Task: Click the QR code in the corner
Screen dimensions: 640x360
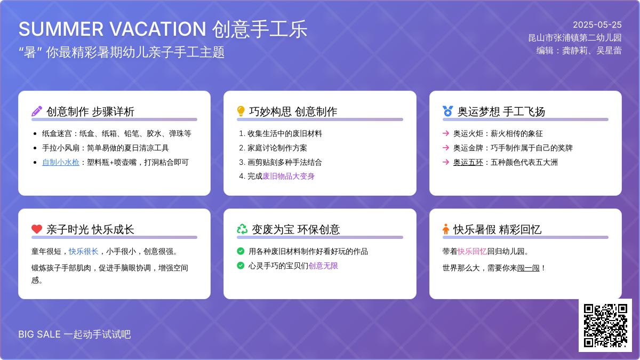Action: coord(605,325)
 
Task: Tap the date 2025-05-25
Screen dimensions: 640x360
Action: coord(597,25)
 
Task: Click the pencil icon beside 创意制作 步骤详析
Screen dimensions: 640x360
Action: coord(37,111)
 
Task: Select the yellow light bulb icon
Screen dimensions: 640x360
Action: coord(241,111)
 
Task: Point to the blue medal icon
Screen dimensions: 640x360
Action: coord(447,111)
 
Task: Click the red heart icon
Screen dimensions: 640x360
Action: coord(37,229)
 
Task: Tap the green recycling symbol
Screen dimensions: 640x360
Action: coord(242,229)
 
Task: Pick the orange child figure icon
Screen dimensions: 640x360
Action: coord(446,229)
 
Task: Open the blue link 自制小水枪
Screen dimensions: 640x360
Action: coord(61,162)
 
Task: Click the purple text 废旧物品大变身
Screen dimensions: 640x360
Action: coord(289,176)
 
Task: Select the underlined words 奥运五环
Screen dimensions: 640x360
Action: coord(468,162)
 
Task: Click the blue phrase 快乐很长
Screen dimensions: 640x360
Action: coord(84,251)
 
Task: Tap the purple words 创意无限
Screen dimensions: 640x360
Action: coord(323,266)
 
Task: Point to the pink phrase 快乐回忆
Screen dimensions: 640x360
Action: coord(473,251)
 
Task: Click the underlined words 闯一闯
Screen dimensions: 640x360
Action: coord(529,268)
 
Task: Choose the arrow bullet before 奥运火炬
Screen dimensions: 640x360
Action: coord(446,133)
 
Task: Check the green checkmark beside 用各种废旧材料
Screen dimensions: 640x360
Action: coord(241,251)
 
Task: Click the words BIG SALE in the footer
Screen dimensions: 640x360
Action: coord(39,334)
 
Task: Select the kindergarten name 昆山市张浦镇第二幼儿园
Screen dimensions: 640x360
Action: coord(575,38)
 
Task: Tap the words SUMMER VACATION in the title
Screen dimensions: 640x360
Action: coord(113,29)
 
